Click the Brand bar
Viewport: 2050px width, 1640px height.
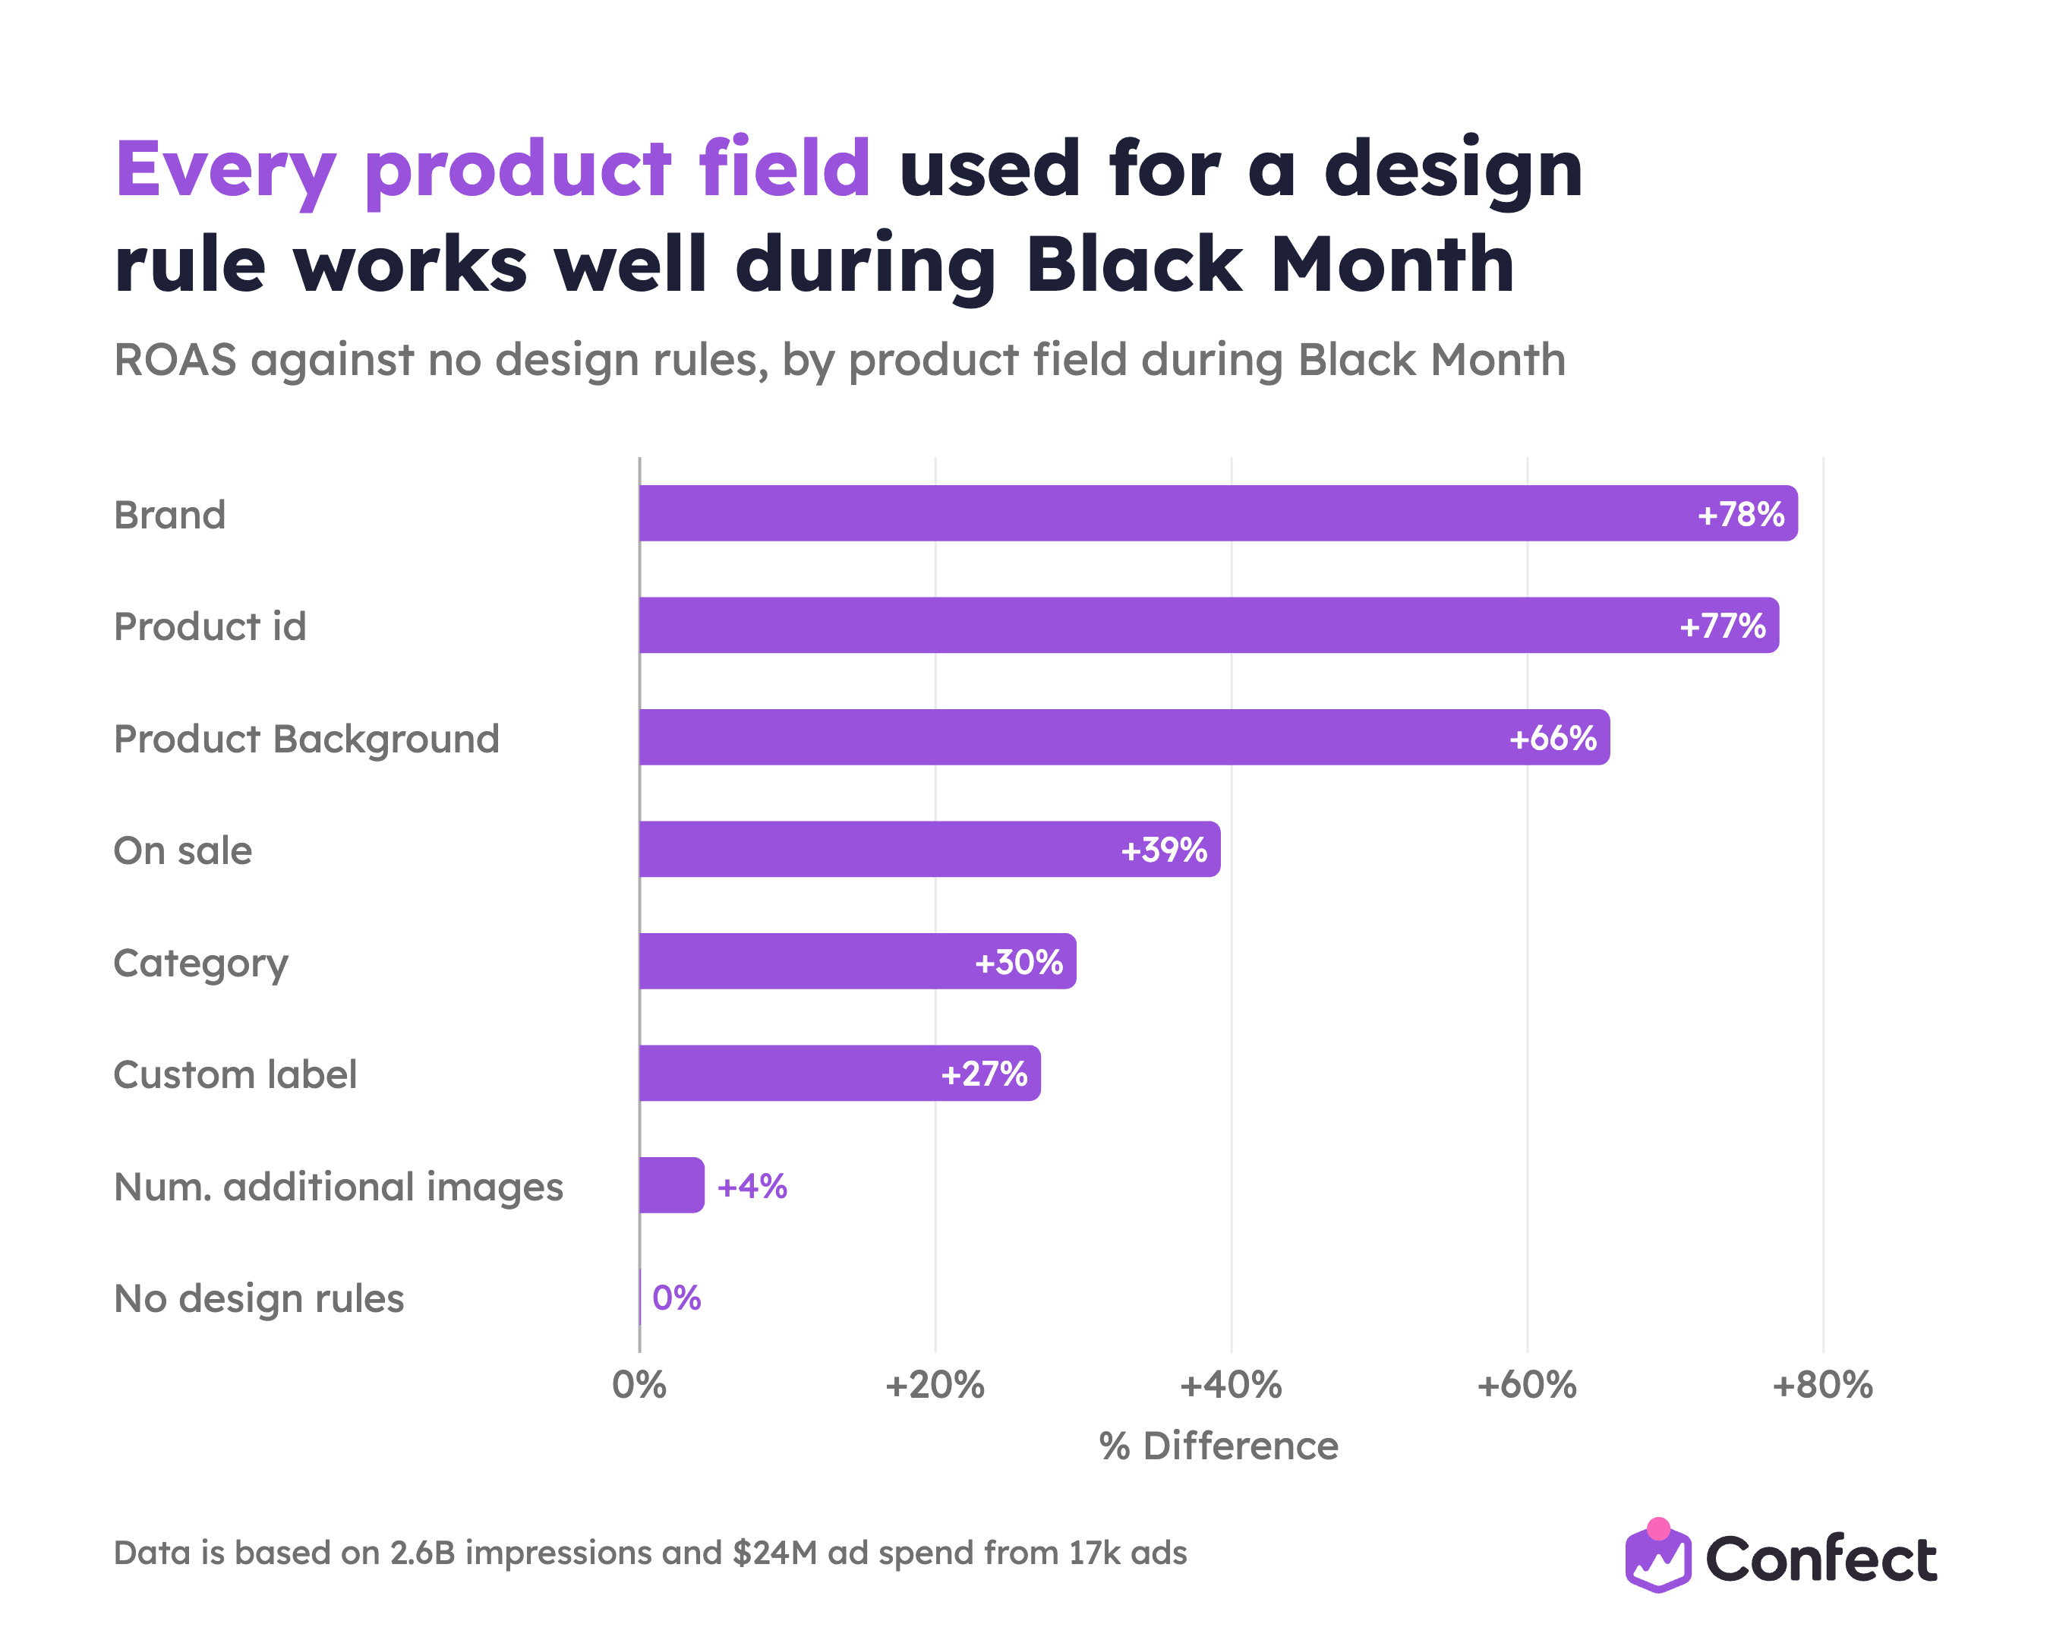[x=1218, y=513]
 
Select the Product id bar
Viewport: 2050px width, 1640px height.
[x=1209, y=626]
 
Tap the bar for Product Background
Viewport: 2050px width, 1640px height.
[x=1124, y=738]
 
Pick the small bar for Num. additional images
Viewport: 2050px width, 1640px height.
[x=671, y=1185]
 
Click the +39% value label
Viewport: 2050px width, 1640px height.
[x=1164, y=850]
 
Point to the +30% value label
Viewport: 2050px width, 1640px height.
[x=1018, y=962]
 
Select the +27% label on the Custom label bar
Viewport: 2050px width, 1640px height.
[x=984, y=1074]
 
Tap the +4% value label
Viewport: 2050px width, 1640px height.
[x=752, y=1187]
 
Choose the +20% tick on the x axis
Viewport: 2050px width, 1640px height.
[x=935, y=1385]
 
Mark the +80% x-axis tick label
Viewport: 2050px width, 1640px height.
[x=1823, y=1385]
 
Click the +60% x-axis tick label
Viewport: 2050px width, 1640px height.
[x=1527, y=1385]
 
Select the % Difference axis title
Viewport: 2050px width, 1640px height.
[x=1219, y=1446]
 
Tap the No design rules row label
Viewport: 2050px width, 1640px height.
[x=259, y=1298]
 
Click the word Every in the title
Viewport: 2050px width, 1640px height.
[x=225, y=171]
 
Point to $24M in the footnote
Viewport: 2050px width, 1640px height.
[x=775, y=1553]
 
